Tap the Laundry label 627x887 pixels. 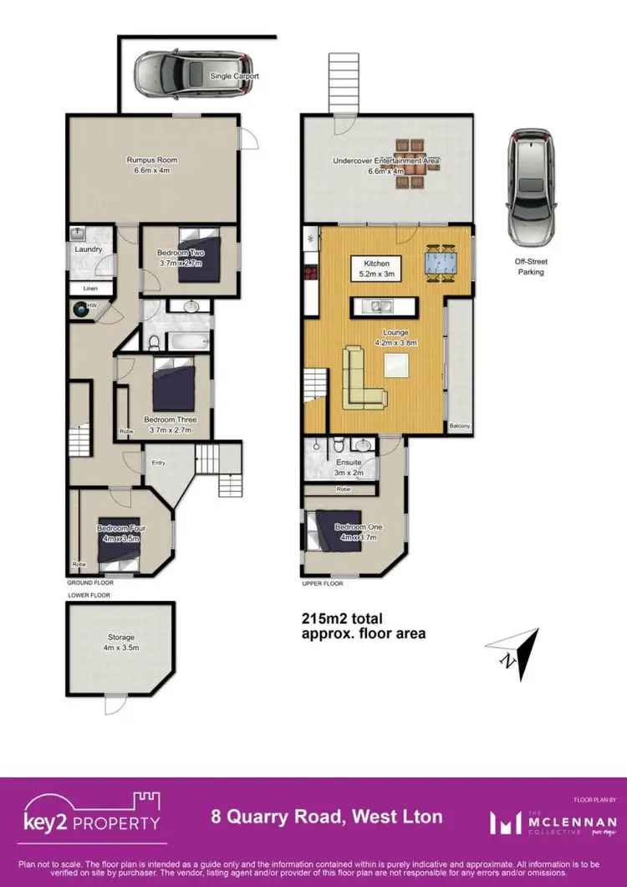[x=88, y=249]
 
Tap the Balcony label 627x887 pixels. [x=459, y=427]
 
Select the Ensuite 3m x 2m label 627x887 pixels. [x=348, y=465]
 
